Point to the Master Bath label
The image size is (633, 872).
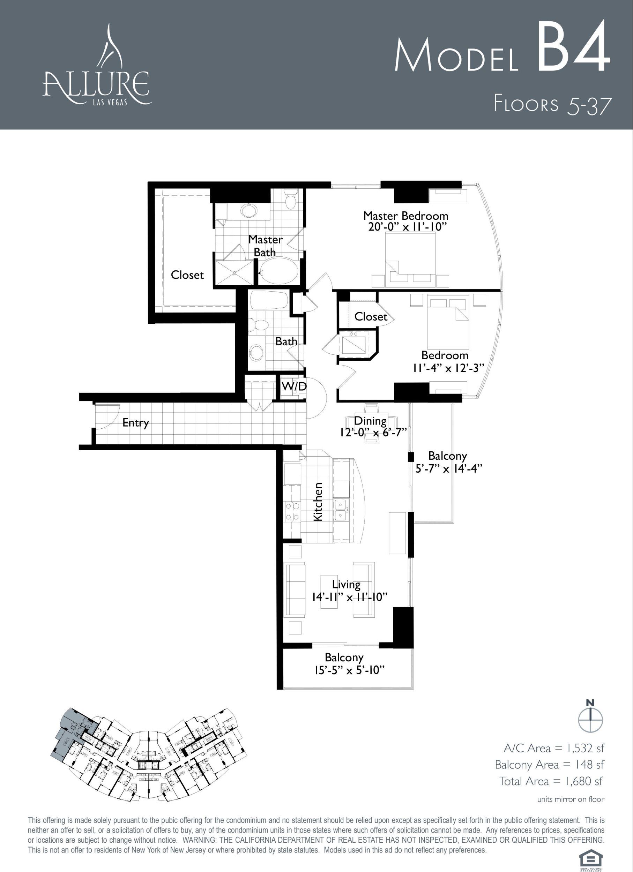pos(265,246)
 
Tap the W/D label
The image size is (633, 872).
pos(294,386)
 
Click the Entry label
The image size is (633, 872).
pos(135,423)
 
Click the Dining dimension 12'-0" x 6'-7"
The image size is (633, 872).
pos(373,432)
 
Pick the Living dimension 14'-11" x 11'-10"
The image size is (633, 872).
pos(349,597)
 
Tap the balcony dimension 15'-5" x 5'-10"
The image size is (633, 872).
pos(350,670)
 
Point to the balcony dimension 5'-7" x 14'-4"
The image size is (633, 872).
pos(449,469)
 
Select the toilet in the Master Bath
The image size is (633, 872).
pos(290,200)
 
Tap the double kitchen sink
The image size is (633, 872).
pos(340,510)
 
